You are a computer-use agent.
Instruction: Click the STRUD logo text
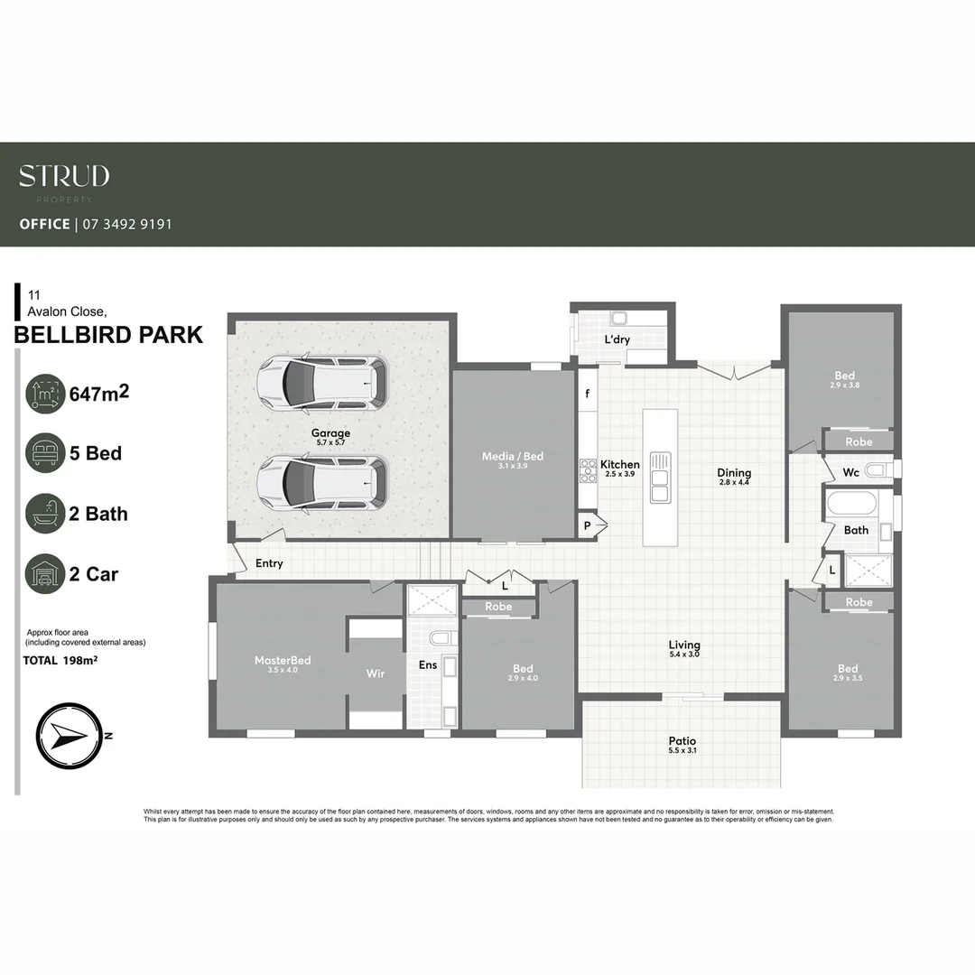[64, 176]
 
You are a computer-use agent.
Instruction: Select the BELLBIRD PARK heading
[108, 335]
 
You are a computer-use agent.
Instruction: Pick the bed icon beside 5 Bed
[45, 453]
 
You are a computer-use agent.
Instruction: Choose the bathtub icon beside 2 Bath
[45, 514]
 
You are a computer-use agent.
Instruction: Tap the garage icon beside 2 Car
[45, 574]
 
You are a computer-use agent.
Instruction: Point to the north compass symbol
[69, 736]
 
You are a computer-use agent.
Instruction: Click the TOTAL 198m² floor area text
[60, 661]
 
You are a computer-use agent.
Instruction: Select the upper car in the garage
[321, 382]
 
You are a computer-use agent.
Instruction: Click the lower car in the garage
[321, 481]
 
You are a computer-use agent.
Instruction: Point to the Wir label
[376, 673]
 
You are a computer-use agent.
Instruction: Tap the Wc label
[850, 472]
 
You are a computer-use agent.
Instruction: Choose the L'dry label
[617, 339]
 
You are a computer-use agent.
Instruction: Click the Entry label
[269, 563]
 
